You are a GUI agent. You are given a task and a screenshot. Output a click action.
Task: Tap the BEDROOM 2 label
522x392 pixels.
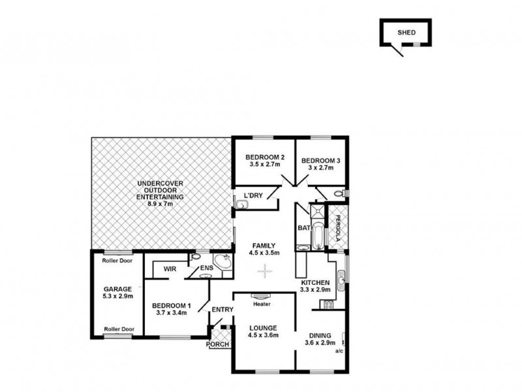[x=265, y=157]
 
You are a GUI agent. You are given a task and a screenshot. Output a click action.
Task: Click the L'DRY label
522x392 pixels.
[x=253, y=195]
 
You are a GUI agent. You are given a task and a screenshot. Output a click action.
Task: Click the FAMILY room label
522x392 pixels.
[x=265, y=246]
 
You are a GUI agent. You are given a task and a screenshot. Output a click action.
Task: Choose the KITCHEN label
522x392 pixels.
[x=315, y=282]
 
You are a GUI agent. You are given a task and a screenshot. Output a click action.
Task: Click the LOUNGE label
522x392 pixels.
[x=264, y=327]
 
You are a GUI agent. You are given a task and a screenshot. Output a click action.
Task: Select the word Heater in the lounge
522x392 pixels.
[x=264, y=304]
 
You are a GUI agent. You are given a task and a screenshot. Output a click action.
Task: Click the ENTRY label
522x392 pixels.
[x=222, y=310]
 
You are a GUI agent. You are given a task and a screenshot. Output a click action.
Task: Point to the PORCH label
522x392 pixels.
[x=217, y=344]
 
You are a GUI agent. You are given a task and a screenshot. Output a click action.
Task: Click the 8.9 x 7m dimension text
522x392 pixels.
[x=160, y=204]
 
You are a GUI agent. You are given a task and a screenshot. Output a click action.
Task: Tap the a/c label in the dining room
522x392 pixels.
[x=339, y=351]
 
